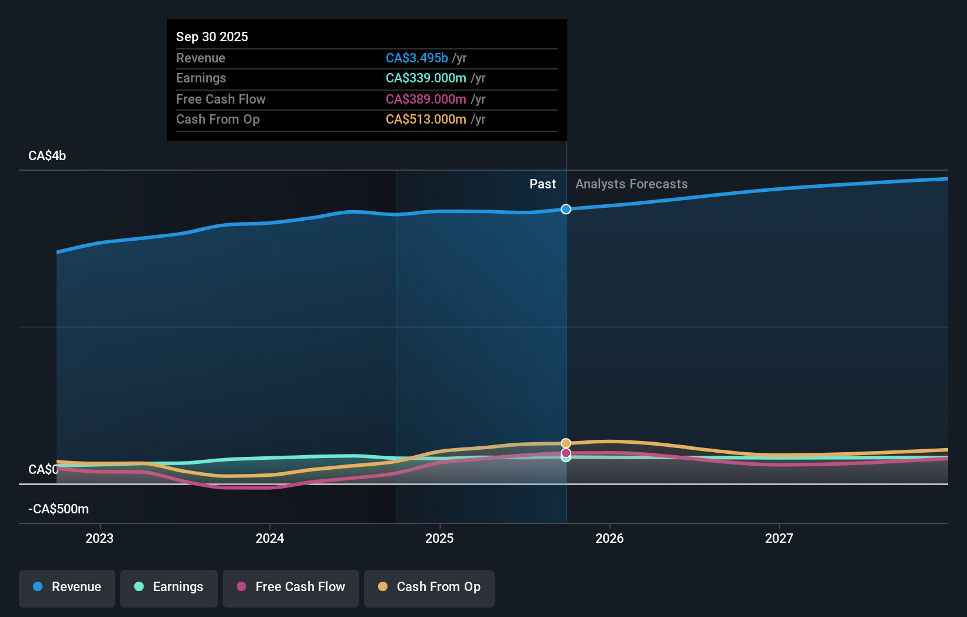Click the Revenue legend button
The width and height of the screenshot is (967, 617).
[x=67, y=587]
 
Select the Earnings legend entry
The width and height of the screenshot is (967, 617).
[x=169, y=587]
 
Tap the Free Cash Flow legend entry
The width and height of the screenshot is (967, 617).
[x=291, y=587]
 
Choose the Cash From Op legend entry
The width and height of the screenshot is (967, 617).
[x=429, y=587]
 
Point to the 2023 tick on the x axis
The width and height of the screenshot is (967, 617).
[x=100, y=538]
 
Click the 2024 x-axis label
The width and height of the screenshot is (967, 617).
[x=270, y=538]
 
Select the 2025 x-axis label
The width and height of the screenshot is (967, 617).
[x=439, y=538]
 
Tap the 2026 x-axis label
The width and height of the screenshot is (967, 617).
[x=610, y=538]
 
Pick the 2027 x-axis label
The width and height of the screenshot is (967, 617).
[x=779, y=538]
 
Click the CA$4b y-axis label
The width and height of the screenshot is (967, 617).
[x=47, y=156]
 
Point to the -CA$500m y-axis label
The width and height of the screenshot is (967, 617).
[x=59, y=509]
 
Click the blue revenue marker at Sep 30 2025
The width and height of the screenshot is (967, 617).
[x=566, y=209]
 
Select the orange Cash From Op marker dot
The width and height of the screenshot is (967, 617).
[x=566, y=443]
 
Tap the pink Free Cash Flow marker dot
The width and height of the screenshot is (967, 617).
[x=566, y=453]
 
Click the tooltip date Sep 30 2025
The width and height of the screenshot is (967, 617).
[x=212, y=37]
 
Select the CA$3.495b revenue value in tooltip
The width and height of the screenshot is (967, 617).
[x=417, y=58]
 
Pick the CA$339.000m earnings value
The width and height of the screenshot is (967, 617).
[x=426, y=78]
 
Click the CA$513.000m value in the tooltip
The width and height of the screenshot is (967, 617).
[x=426, y=120]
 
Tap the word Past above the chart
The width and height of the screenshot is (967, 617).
[x=542, y=184]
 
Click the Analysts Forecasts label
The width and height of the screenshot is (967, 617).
[x=631, y=184]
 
